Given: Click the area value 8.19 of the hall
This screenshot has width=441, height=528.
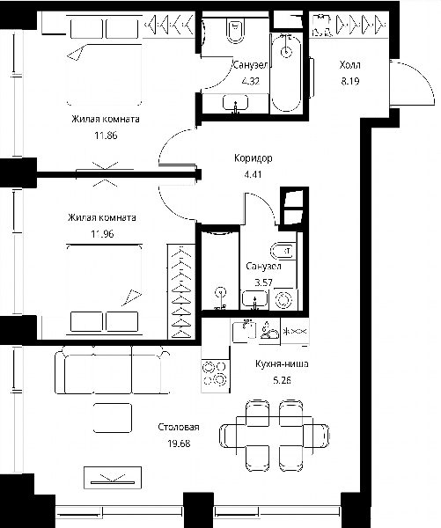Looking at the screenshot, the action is [350, 81].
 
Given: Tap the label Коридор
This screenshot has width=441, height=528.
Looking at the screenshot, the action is [253, 158].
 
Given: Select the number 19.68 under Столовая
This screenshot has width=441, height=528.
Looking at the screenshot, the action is [179, 444].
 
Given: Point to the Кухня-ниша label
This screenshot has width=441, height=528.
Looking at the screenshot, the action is [282, 364].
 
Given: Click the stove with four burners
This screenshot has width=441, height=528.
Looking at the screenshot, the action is [216, 373].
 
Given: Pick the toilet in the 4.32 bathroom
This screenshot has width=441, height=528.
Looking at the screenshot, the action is [236, 30].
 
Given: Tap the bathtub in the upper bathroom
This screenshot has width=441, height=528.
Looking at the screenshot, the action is [286, 73].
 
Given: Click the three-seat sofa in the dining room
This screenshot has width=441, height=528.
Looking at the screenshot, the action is [112, 370].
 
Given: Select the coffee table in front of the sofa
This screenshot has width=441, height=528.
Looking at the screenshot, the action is [112, 417].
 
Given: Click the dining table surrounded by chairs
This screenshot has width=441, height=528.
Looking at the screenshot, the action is [275, 436].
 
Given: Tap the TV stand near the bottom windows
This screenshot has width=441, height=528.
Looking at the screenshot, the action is [113, 478].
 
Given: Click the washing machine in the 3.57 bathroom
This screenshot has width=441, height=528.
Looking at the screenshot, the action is [283, 299].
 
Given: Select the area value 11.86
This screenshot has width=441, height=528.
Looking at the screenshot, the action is [106, 136].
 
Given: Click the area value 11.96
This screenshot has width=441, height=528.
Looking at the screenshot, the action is [102, 234].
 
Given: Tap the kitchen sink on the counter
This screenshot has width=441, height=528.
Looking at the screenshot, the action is [244, 332].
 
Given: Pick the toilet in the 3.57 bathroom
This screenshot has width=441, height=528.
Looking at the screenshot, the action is [283, 251].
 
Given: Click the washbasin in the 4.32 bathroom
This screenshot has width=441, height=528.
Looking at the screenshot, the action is [235, 102].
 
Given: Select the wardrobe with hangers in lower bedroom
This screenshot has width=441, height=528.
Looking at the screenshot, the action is [181, 291].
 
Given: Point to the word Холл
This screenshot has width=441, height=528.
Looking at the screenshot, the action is [350, 64].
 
